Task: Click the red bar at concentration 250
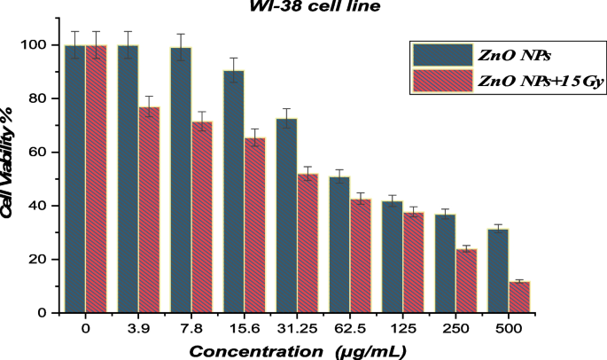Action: click(x=466, y=280)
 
